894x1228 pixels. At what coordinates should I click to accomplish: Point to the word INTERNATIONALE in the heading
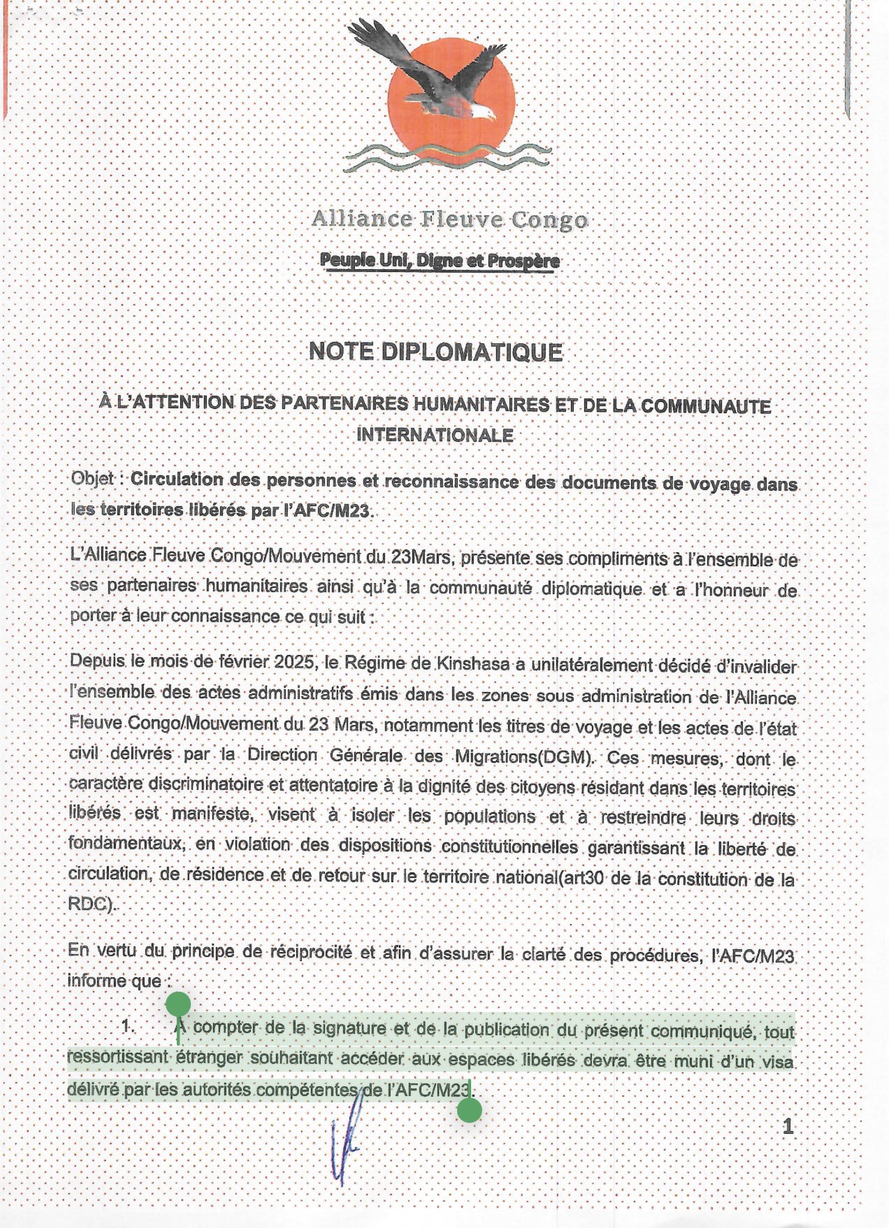coord(435,435)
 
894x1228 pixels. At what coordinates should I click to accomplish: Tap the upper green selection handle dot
coord(178,1004)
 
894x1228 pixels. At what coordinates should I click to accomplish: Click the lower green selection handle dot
coord(470,1110)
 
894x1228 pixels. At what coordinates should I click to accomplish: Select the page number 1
coord(788,1126)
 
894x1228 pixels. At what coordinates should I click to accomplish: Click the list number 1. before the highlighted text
coord(127,1026)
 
